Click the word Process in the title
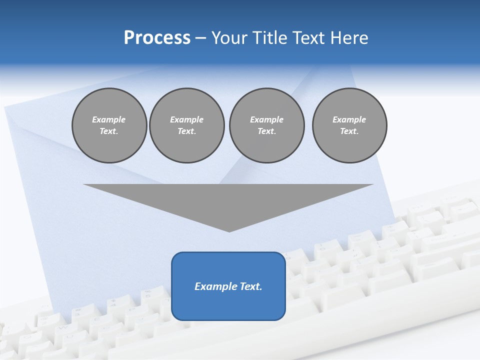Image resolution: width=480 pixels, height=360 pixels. [157, 38]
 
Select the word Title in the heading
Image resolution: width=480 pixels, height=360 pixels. [268, 38]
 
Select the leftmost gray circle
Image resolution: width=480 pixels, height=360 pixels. [109, 125]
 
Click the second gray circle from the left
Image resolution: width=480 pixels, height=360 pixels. [186, 125]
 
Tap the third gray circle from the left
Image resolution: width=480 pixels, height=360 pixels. [266, 125]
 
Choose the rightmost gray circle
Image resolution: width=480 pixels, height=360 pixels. [349, 125]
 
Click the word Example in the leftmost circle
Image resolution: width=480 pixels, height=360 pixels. [109, 119]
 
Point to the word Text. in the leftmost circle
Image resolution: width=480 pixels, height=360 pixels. [109, 131]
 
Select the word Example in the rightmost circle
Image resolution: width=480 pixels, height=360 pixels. [349, 119]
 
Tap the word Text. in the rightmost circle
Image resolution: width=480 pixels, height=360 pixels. [349, 131]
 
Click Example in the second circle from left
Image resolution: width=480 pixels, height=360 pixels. [186, 119]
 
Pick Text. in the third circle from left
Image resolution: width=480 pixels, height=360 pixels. [266, 131]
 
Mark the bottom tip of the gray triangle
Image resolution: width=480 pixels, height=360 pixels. [229, 230]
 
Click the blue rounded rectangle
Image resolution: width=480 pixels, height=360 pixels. [228, 300]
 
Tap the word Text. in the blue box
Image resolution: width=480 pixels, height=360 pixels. [250, 286]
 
